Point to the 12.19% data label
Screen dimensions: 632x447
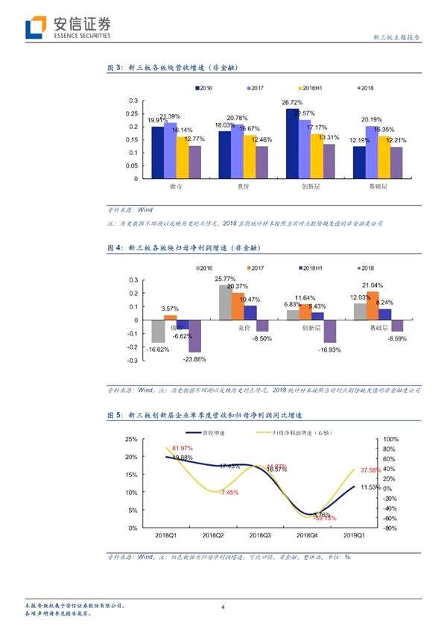coord(361,140)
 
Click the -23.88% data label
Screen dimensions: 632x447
coord(194,359)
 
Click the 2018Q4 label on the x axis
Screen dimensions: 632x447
coord(308,535)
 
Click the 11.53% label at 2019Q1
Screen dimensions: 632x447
coord(370,487)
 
